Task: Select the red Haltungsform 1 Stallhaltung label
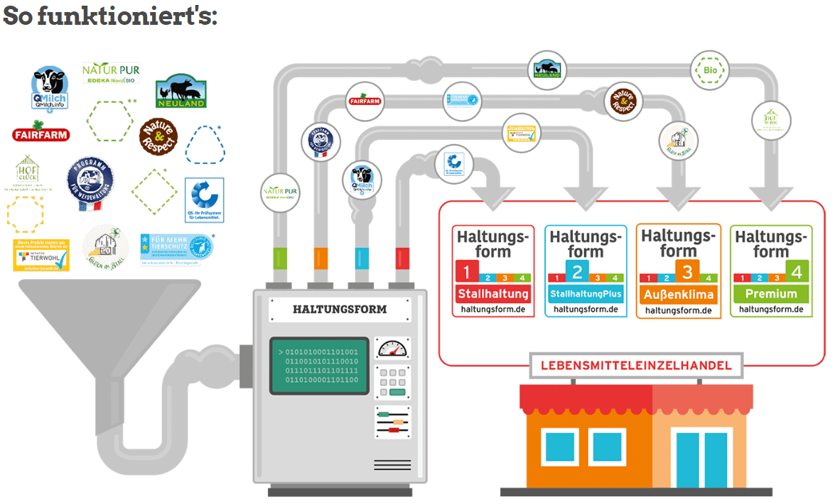point(494,270)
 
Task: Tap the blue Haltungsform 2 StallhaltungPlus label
point(586,270)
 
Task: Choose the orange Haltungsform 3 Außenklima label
point(678,270)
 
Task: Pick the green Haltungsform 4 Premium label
point(771,270)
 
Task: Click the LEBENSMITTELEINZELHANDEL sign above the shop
point(636,366)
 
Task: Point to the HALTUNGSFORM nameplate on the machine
point(340,309)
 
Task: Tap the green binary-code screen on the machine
point(318,366)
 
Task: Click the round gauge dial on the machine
point(392,349)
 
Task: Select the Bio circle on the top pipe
point(710,70)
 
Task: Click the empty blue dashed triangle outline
point(205,146)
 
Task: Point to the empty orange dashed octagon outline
point(26,214)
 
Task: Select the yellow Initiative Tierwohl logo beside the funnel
point(41,255)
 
